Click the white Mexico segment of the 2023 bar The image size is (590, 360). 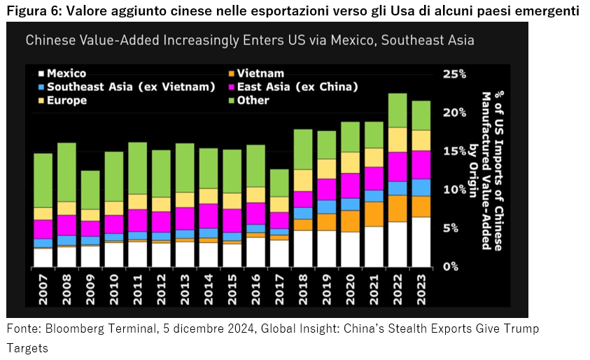[x=421, y=242]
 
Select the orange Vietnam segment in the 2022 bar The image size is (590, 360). [x=397, y=208]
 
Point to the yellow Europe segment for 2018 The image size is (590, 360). [x=302, y=180]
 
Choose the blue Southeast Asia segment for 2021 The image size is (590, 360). [x=374, y=195]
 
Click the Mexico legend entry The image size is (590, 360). [x=66, y=73]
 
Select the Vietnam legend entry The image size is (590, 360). [x=260, y=73]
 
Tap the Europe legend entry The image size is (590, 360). [x=66, y=100]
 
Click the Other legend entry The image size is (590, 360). [x=252, y=100]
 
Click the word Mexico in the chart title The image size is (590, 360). [x=335, y=40]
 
